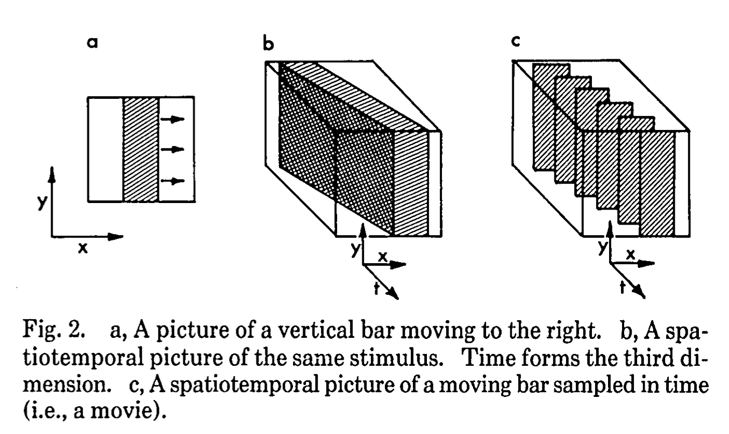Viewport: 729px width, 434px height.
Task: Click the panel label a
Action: (x=93, y=45)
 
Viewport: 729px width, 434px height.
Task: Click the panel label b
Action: (x=268, y=44)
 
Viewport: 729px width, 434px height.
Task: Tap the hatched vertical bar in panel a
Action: (x=141, y=149)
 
